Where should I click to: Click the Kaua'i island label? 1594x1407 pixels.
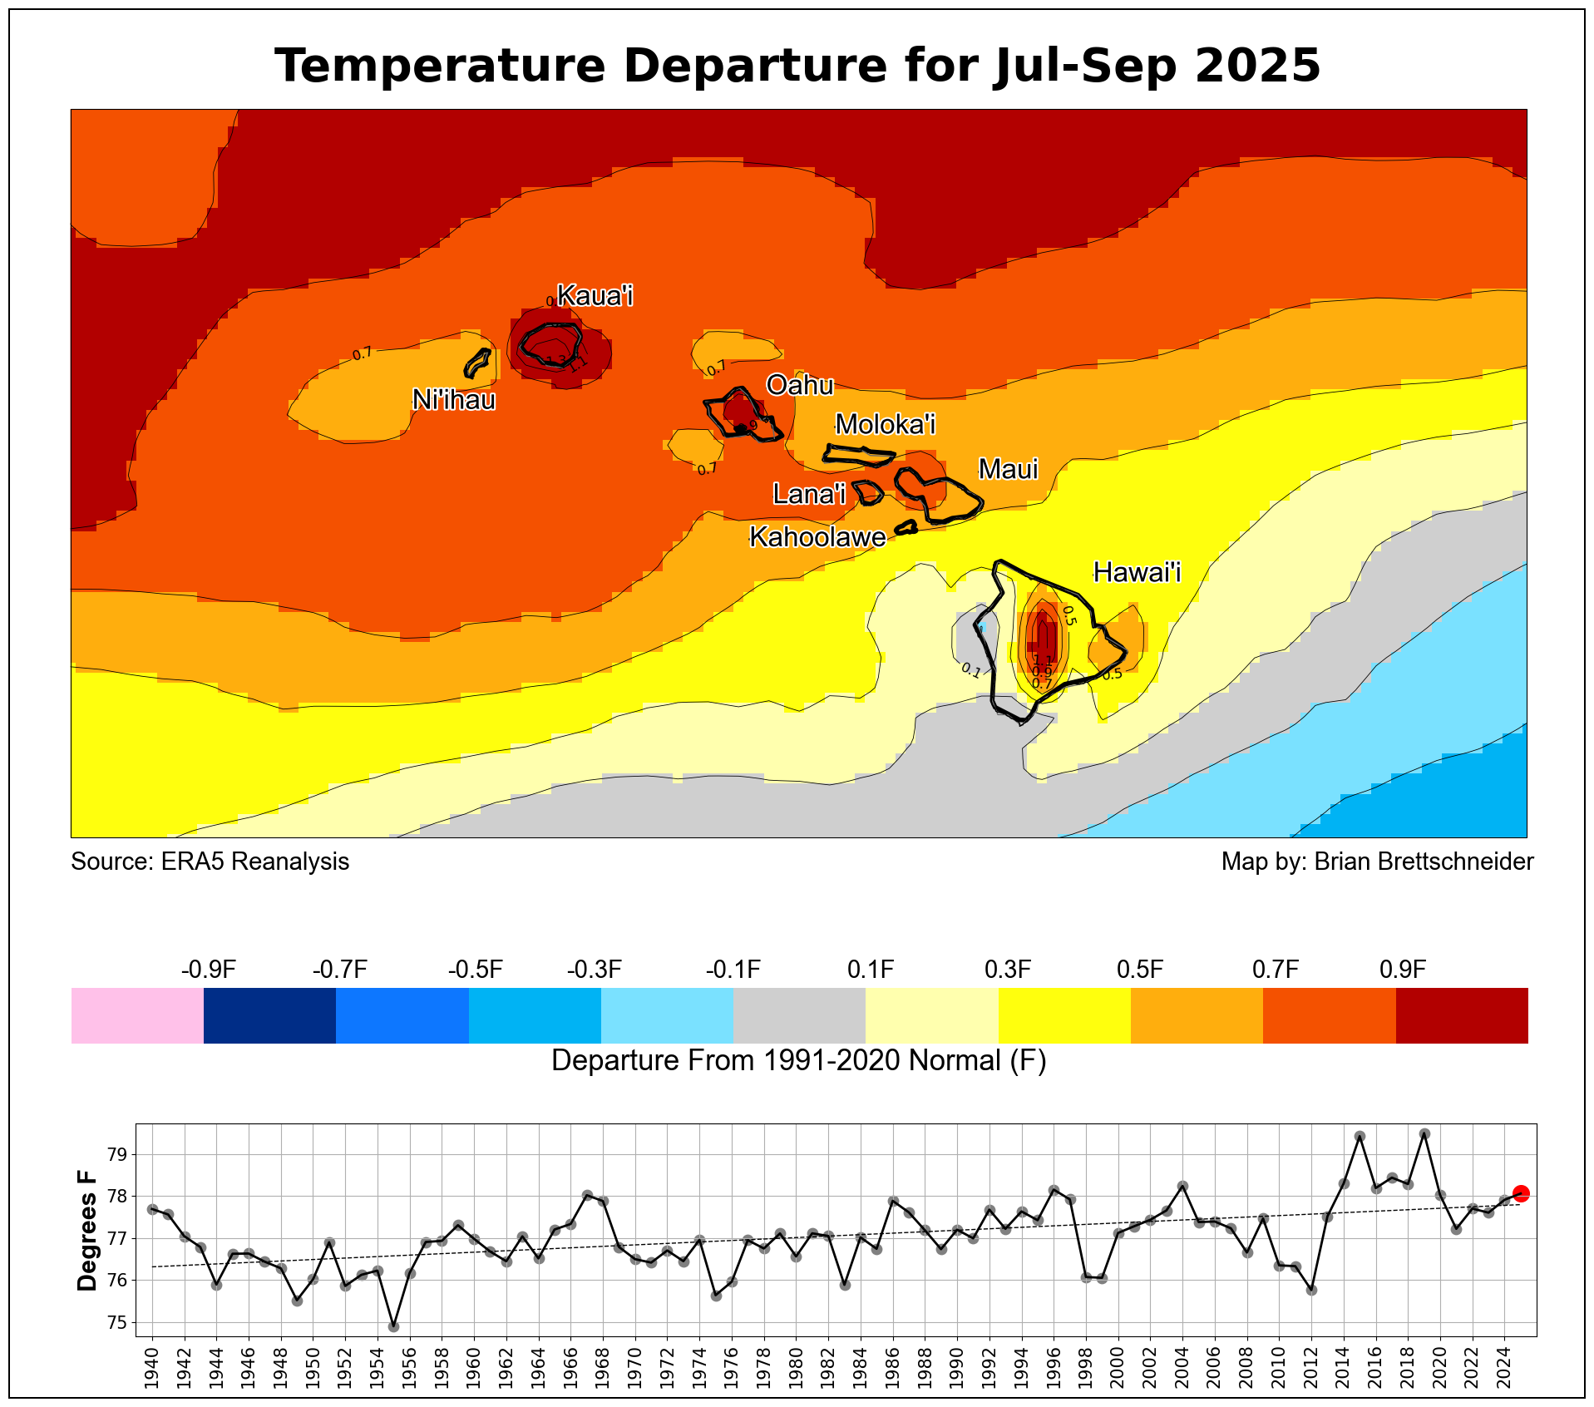pos(595,295)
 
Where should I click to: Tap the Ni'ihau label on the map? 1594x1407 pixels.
pos(454,400)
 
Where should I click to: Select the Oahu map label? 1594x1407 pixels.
pos(799,385)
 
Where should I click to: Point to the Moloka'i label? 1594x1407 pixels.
pos(885,424)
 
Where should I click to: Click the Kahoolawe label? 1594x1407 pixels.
pos(817,537)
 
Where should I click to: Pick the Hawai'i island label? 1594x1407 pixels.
pos(1136,572)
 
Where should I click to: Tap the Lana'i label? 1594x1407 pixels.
pos(808,494)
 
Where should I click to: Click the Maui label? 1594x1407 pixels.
pos(1008,469)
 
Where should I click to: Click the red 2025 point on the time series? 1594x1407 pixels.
pos(1521,1193)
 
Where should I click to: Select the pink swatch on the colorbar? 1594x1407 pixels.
pos(137,1015)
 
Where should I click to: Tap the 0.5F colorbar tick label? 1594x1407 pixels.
pos(1139,970)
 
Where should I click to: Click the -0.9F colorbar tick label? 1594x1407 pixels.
pos(208,970)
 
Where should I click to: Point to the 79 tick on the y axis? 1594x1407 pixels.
pos(116,1154)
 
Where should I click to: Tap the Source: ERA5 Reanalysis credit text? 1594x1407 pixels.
pos(210,861)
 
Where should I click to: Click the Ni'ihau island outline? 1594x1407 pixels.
pos(476,363)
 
